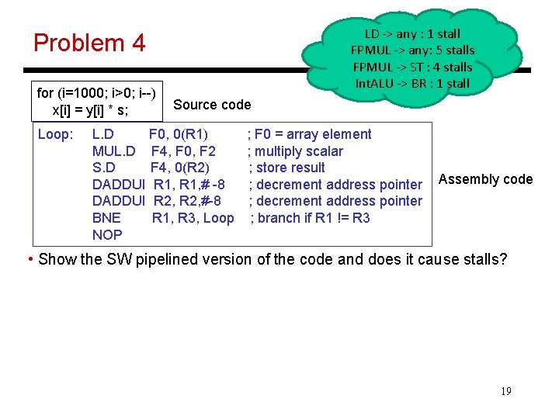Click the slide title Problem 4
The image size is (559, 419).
click(89, 43)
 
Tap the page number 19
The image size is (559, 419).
click(505, 391)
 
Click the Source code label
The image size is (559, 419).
click(212, 105)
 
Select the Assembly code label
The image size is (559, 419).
click(485, 179)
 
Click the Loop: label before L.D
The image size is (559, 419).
click(55, 134)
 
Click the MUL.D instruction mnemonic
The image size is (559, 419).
click(114, 151)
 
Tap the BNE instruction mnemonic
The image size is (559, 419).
click(106, 218)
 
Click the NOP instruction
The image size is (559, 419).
click(107, 234)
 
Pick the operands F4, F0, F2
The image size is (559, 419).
click(184, 151)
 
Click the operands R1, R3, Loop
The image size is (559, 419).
click(193, 218)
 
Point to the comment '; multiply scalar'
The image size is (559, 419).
click(295, 151)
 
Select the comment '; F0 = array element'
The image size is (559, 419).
click(309, 134)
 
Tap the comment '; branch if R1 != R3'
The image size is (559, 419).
click(310, 218)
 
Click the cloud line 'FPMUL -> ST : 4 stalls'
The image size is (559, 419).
click(412, 67)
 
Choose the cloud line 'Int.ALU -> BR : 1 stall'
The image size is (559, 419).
click(412, 83)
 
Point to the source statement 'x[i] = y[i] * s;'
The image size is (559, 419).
click(90, 110)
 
